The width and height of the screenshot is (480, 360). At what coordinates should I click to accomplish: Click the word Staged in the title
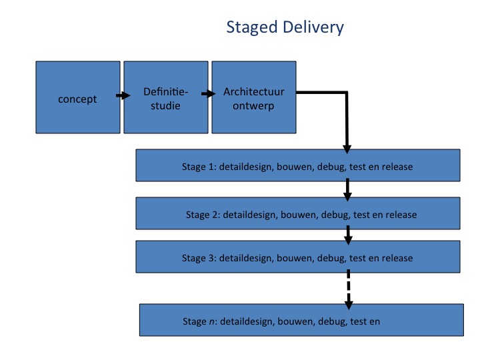[251, 28]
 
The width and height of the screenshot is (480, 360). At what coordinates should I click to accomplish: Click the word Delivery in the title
[313, 27]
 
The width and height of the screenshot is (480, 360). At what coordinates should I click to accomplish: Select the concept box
[78, 97]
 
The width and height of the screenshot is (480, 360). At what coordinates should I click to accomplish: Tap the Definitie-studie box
[166, 97]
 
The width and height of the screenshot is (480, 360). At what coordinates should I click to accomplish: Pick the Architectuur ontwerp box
[254, 97]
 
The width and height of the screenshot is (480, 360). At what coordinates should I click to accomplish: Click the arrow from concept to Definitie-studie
[123, 95]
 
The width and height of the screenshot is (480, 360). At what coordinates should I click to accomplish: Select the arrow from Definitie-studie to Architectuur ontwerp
[209, 94]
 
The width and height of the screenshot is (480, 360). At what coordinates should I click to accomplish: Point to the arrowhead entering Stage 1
[347, 149]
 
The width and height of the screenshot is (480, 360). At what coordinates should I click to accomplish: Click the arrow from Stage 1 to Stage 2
[347, 190]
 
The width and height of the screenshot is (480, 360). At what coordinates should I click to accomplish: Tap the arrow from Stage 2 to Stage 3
[348, 235]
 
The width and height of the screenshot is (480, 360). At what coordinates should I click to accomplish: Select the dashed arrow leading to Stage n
[349, 289]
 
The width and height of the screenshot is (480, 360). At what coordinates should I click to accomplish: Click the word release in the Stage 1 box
[397, 167]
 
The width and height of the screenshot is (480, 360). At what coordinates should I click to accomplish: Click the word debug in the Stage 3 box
[331, 259]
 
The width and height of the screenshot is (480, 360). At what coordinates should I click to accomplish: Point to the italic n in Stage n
[211, 322]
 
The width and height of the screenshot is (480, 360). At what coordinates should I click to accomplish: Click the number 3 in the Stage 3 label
[211, 258]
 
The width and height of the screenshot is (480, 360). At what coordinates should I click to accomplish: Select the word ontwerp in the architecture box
[253, 106]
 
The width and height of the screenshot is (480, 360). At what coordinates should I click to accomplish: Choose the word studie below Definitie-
[165, 105]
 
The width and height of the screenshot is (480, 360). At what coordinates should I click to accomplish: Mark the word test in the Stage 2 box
[361, 215]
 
